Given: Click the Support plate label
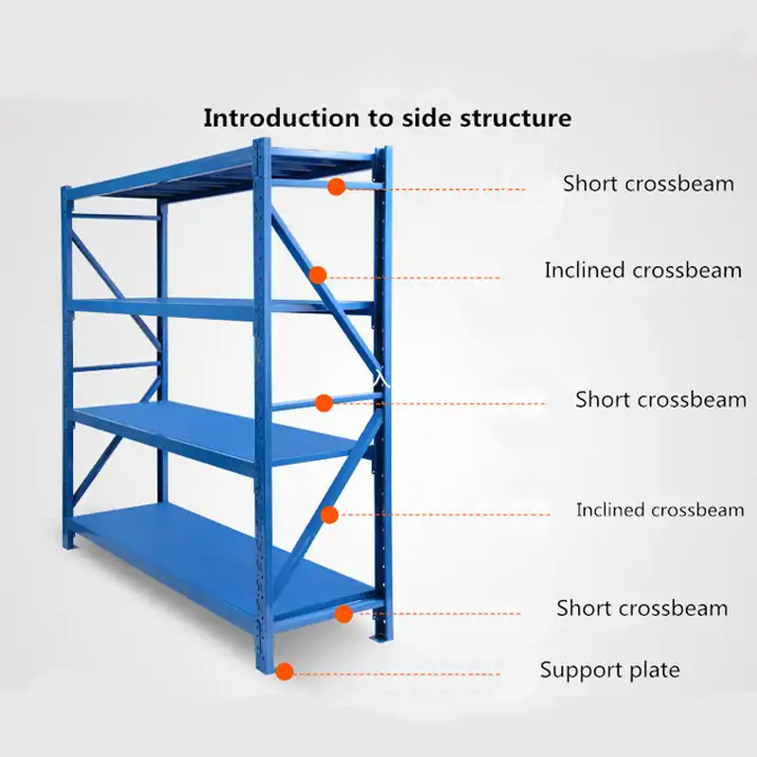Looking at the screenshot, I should [609, 671].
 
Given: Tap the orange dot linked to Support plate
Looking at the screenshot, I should [284, 671].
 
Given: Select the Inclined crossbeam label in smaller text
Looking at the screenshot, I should [660, 510].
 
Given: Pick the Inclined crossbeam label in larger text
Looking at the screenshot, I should [643, 271].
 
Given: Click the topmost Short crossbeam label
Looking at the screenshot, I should [648, 184].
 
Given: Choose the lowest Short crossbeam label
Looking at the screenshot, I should [642, 607].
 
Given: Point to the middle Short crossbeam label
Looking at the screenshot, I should [660, 399].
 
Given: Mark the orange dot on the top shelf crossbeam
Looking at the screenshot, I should [336, 187].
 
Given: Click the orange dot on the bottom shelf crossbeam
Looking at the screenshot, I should [343, 614].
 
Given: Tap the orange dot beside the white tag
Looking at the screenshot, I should [324, 402].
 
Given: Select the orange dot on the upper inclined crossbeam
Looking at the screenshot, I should [318, 274].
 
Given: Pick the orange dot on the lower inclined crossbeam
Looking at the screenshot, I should [329, 515].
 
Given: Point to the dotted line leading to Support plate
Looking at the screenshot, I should [397, 674].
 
